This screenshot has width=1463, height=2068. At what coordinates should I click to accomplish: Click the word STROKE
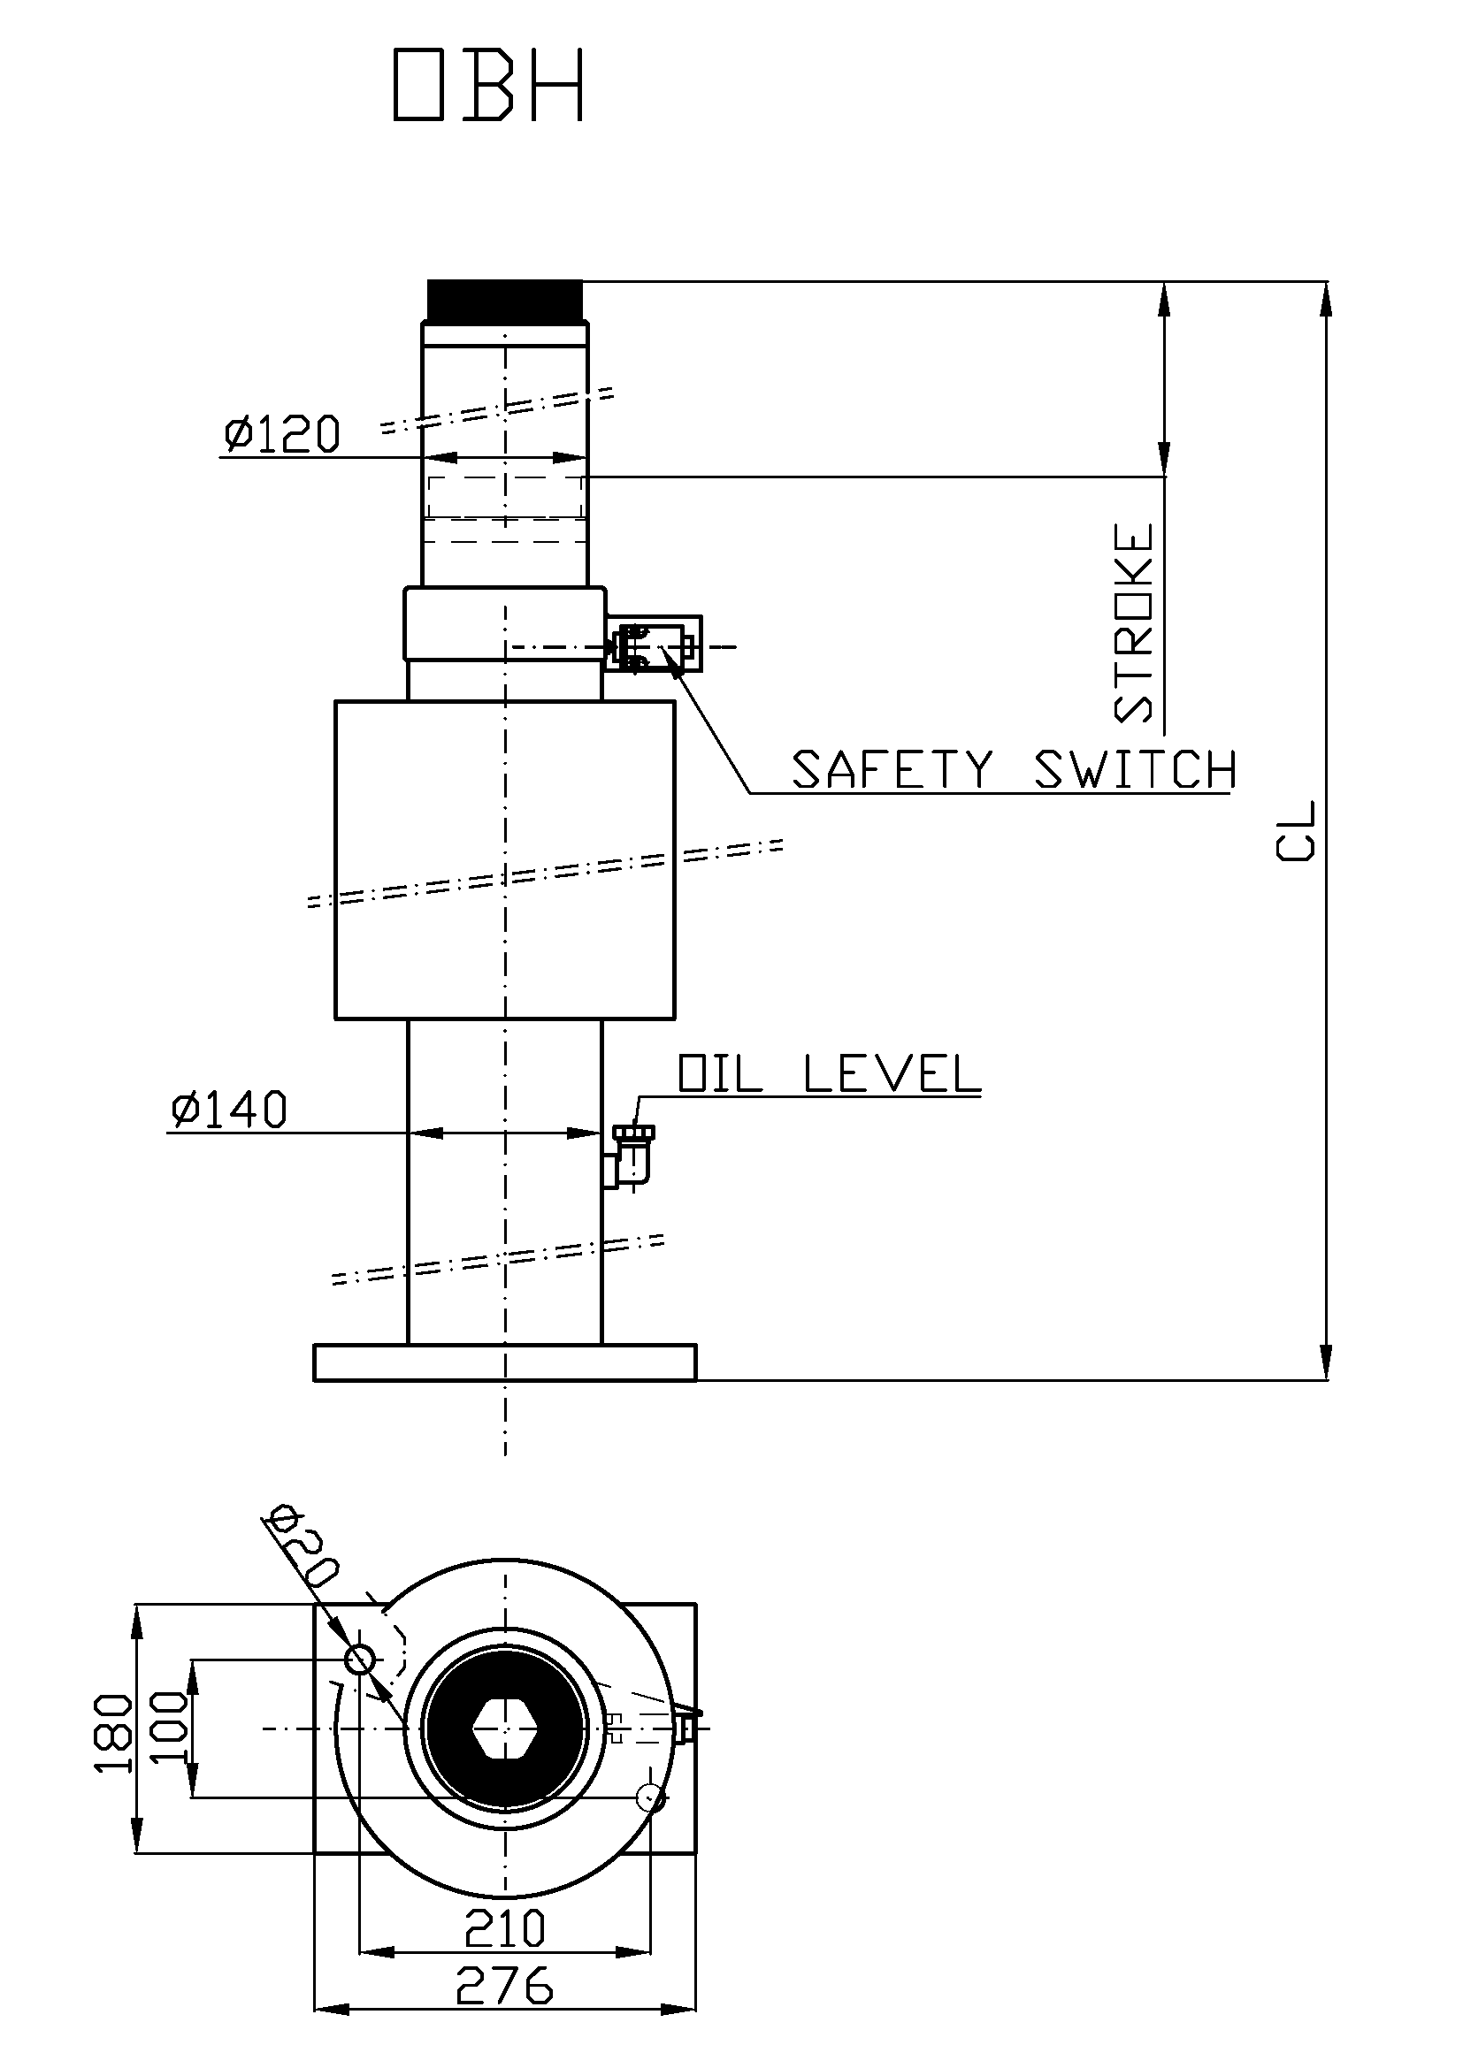[1134, 623]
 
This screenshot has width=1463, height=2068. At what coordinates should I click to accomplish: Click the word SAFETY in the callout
[892, 770]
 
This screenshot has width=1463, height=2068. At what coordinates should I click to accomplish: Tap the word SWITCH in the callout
[1135, 770]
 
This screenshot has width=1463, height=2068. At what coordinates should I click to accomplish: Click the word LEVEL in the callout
[891, 1072]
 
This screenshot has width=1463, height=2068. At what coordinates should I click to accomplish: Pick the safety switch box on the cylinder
[654, 644]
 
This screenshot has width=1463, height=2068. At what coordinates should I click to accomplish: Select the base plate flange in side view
[505, 1362]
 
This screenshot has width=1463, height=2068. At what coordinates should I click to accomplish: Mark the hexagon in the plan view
[505, 1728]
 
